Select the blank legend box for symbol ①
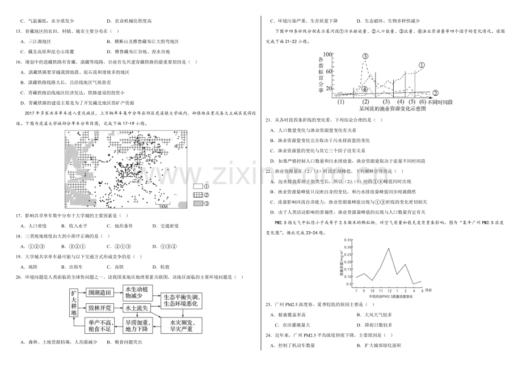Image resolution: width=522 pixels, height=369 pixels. coord(198,186)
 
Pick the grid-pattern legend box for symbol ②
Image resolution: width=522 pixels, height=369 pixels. coord(198,194)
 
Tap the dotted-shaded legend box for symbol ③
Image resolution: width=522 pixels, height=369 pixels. coord(198,203)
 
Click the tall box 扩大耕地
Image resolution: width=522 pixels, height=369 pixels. coord(74,311)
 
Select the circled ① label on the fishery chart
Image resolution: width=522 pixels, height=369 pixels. coord(422,66)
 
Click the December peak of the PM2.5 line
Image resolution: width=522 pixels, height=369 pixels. coord(388,248)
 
